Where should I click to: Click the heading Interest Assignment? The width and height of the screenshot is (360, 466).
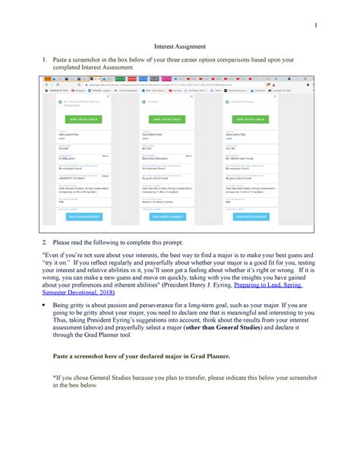pyautogui.click(x=179, y=45)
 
